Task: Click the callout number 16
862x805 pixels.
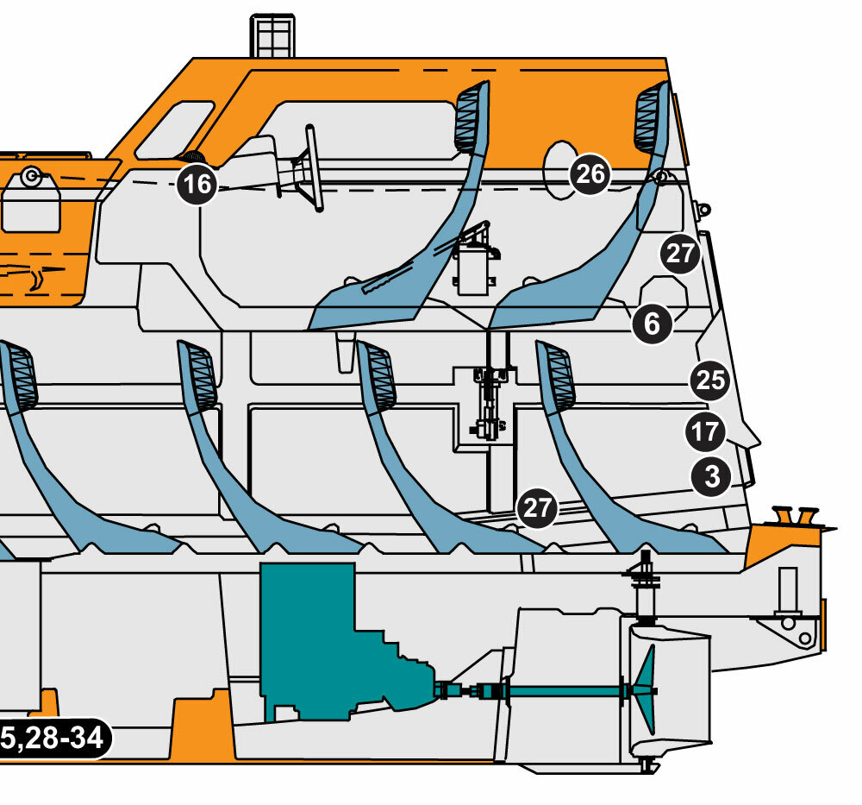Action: tap(197, 184)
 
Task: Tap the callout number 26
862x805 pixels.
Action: tap(590, 174)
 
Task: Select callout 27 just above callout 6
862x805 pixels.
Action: tap(681, 254)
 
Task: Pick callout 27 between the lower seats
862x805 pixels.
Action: tap(536, 507)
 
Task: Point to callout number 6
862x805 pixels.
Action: tap(652, 324)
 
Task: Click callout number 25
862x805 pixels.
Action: tap(710, 380)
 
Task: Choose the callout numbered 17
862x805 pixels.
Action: tap(705, 431)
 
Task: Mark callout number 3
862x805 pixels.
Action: tap(711, 476)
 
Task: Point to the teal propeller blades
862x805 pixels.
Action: tap(644, 689)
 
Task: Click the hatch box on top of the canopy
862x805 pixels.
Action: tap(272, 35)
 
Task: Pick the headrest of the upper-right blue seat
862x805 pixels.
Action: tap(649, 117)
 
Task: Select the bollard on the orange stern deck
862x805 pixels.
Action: tap(796, 516)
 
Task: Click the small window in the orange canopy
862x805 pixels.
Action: tap(175, 130)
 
